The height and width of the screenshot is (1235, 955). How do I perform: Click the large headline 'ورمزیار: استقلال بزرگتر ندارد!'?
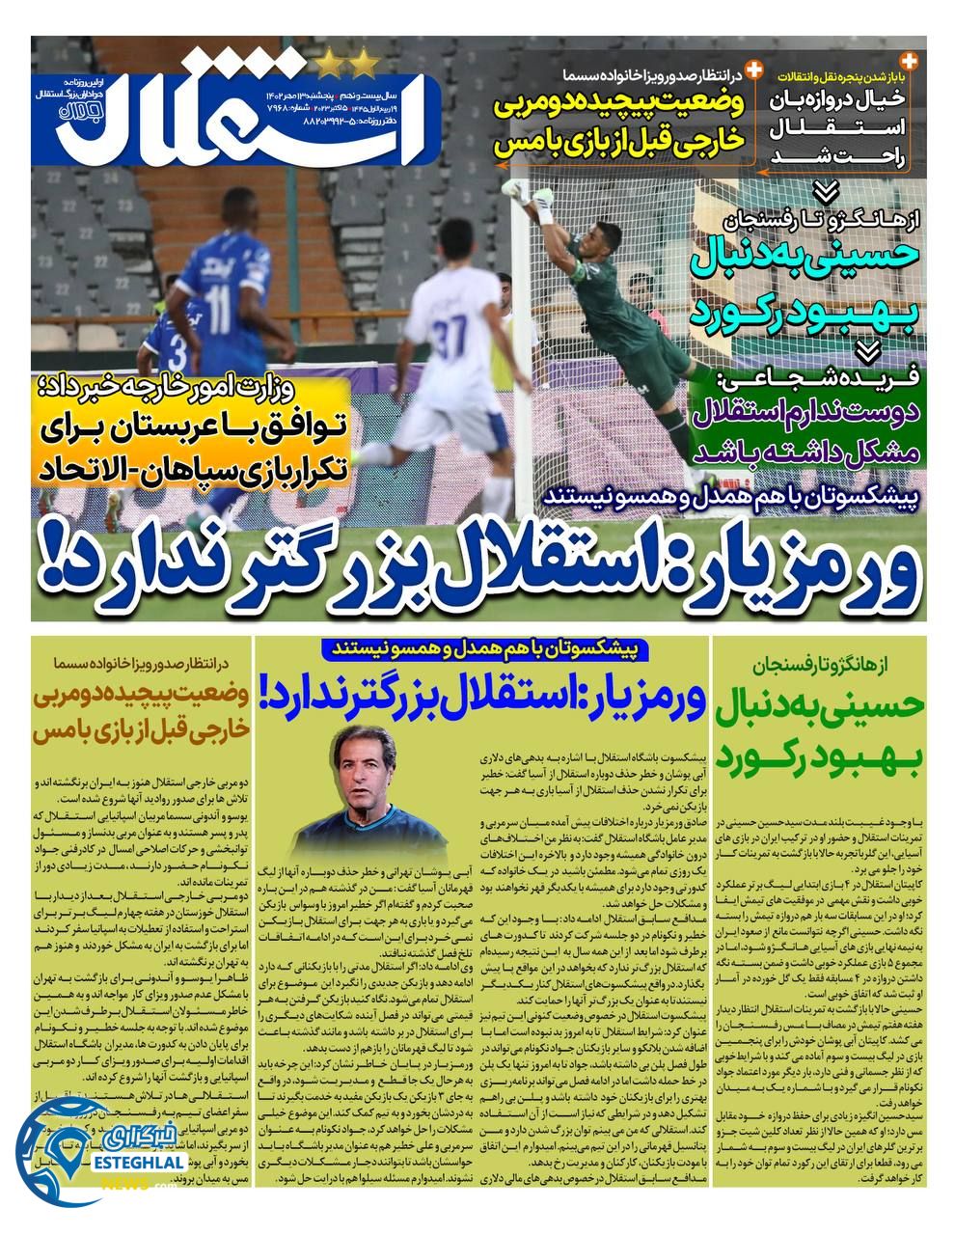click(477, 569)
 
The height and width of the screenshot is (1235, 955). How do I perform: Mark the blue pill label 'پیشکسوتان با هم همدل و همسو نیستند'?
click(482, 649)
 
